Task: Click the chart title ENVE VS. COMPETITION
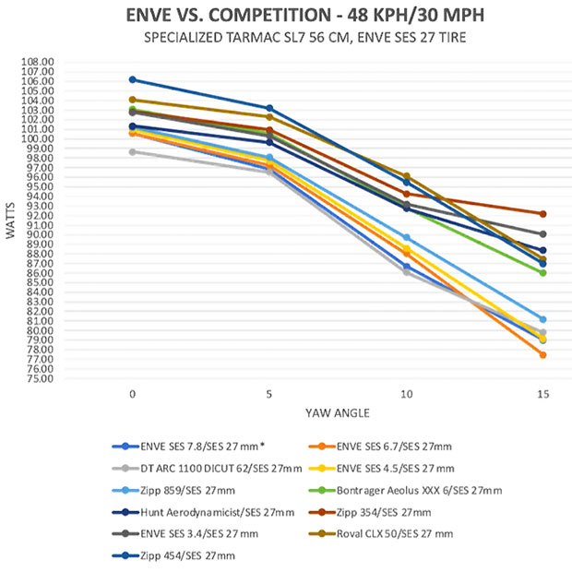285,16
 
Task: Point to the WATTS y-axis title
11,221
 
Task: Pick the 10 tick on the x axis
406,393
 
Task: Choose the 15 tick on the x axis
542,393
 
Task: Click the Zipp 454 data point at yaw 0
133,79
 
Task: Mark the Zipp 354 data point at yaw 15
542,214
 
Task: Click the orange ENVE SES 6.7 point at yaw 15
542,355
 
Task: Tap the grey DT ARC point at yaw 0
133,151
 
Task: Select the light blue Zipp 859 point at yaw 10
406,238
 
